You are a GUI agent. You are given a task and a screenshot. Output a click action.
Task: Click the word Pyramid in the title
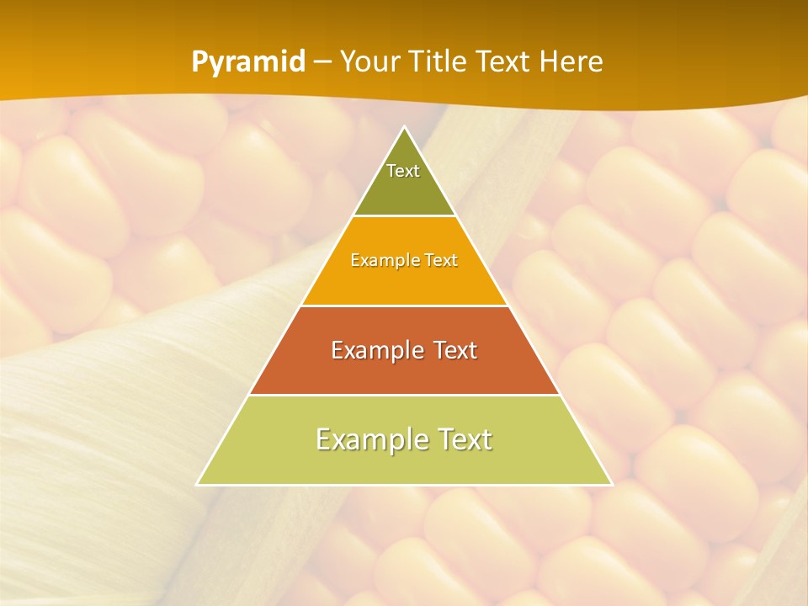click(248, 61)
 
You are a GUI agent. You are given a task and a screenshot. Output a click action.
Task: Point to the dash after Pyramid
click(322, 62)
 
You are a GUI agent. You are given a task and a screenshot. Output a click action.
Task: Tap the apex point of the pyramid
click(405, 128)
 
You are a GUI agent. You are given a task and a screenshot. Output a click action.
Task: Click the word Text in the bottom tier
click(461, 439)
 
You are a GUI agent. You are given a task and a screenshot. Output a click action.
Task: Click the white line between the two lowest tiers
click(404, 395)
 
